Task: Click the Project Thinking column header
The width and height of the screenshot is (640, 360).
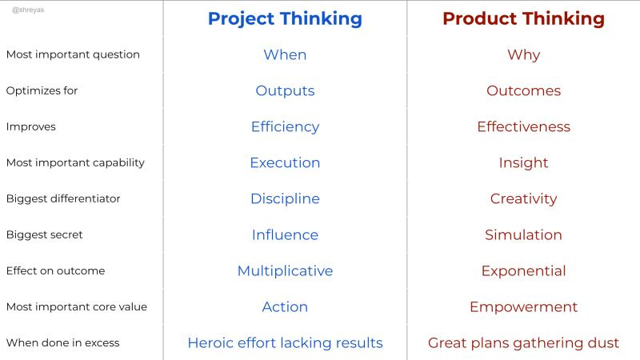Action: tap(285, 18)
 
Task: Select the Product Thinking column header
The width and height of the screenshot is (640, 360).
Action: tap(523, 18)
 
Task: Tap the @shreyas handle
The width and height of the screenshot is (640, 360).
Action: tap(26, 10)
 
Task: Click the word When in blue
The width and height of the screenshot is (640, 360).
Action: tap(285, 54)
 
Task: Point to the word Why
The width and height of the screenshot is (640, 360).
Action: tap(523, 54)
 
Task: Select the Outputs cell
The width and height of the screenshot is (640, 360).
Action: tap(285, 90)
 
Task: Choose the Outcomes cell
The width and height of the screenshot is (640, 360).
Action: tap(523, 90)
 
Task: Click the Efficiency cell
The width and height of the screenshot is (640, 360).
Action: tap(285, 126)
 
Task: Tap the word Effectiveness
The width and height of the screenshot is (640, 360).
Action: tap(523, 126)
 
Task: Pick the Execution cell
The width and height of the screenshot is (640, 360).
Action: tap(285, 162)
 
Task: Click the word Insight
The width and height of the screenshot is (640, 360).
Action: tap(523, 162)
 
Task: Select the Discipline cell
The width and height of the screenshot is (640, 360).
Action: tap(285, 198)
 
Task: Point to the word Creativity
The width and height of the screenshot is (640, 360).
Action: tap(523, 198)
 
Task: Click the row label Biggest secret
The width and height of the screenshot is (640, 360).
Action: tap(44, 234)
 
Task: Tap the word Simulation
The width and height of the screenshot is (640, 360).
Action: tap(523, 234)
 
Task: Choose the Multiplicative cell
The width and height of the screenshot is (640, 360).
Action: tap(285, 270)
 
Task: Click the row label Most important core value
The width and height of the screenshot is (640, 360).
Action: tap(76, 306)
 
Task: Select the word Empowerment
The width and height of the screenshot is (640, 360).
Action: tap(523, 306)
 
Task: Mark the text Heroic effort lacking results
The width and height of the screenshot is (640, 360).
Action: tap(285, 342)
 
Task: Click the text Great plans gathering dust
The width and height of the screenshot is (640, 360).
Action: tap(523, 342)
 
